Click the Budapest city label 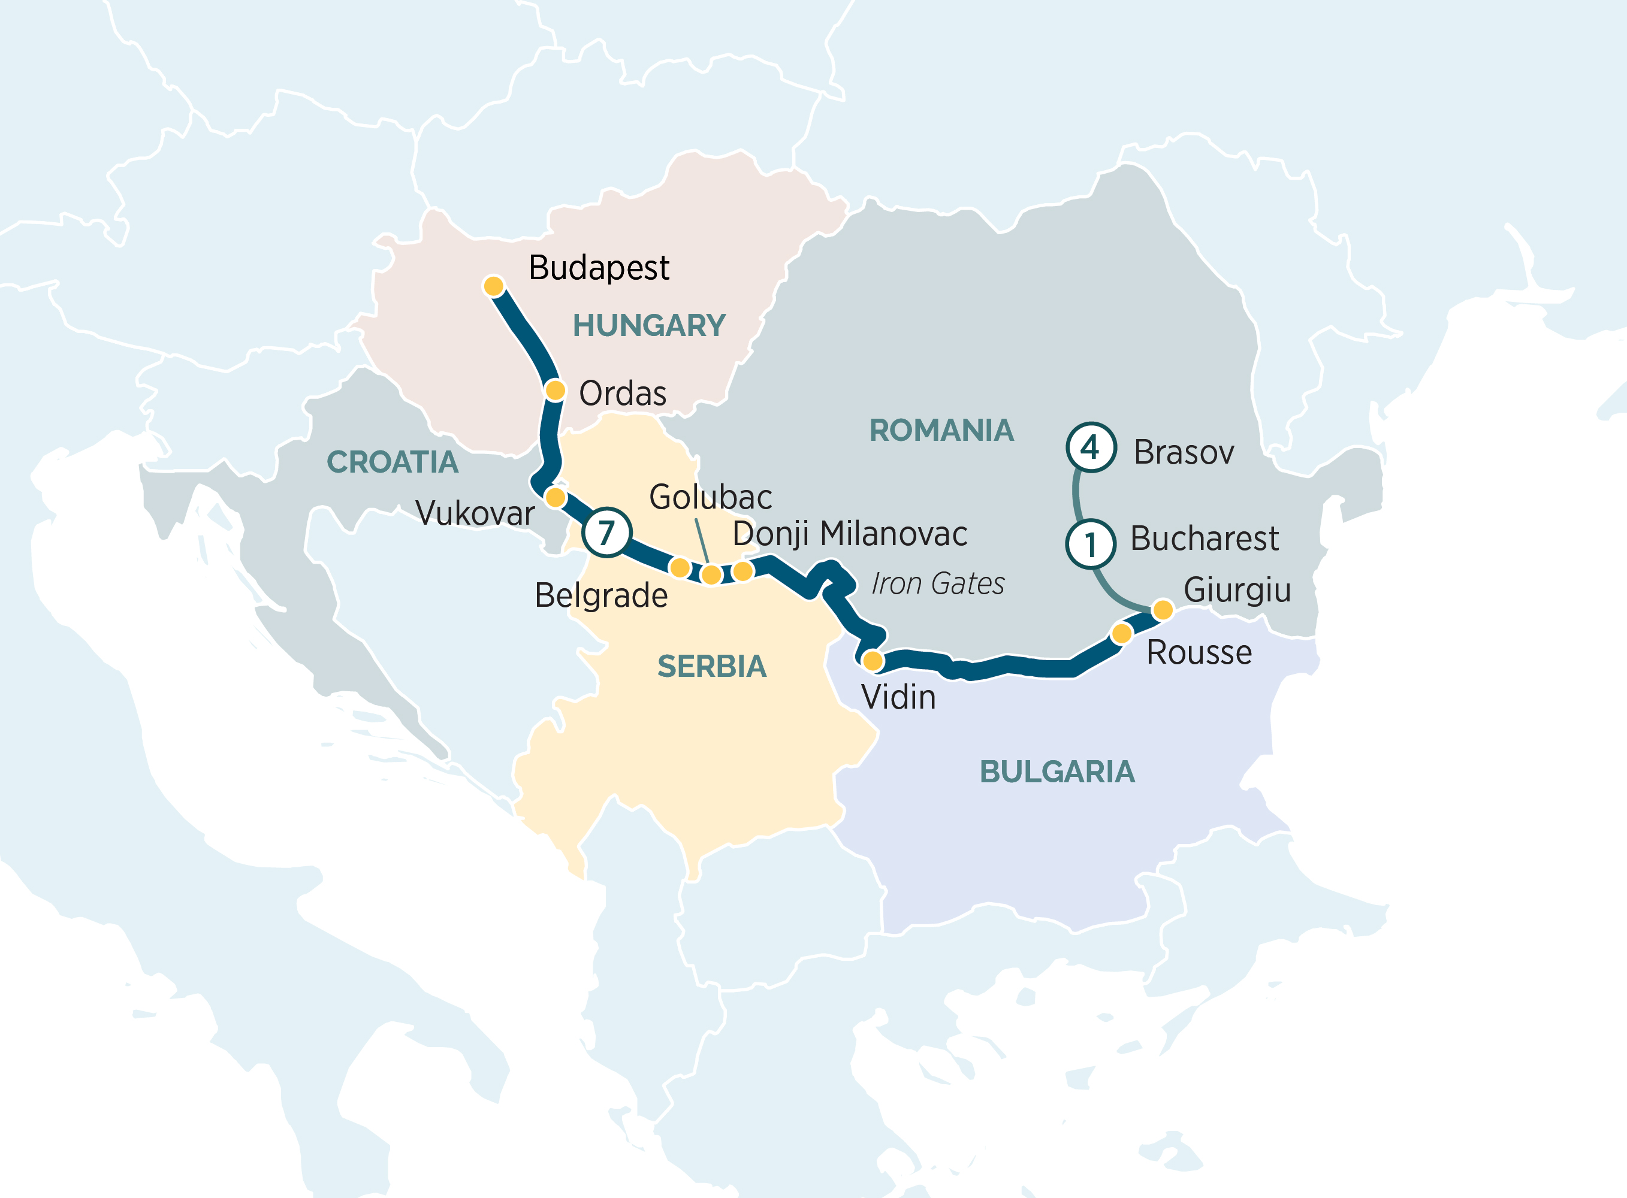[x=599, y=268]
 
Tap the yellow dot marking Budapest [x=494, y=286]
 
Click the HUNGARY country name [x=649, y=326]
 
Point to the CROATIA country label [x=393, y=462]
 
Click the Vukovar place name [x=475, y=513]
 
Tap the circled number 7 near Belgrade [x=606, y=533]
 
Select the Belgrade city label [x=600, y=596]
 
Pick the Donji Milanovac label [x=849, y=534]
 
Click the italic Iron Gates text [x=937, y=584]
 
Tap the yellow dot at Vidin [x=873, y=661]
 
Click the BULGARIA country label [x=1057, y=772]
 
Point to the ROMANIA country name [x=941, y=431]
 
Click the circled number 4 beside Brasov [x=1090, y=447]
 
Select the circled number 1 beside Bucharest [x=1090, y=544]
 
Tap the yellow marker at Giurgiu [x=1163, y=609]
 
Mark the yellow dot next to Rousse [x=1121, y=634]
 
